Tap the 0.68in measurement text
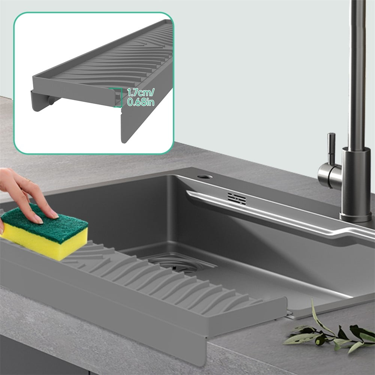click(x=140, y=102)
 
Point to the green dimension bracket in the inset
click(x=119, y=97)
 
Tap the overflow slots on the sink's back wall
click(x=237, y=199)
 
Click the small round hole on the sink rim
click(x=205, y=176)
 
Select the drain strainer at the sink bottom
click(x=180, y=262)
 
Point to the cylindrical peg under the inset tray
click(x=52, y=100)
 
